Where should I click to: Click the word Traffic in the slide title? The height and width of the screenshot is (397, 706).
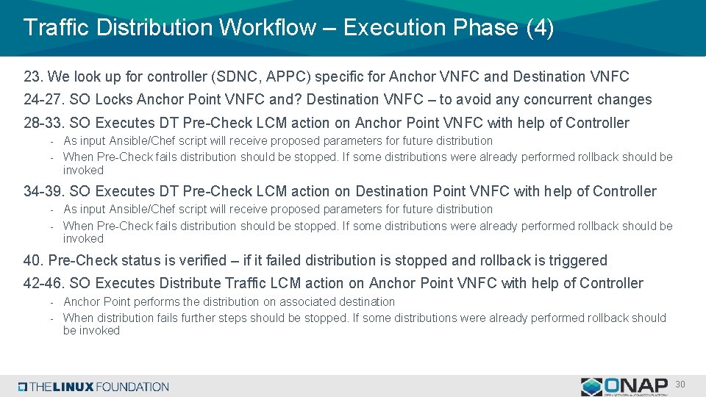(57, 28)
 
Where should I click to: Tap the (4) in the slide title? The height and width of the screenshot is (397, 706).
(541, 28)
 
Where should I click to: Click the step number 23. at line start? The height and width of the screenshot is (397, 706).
(34, 76)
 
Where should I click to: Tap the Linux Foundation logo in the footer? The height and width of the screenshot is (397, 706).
(93, 387)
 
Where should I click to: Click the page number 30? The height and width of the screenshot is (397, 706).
(680, 385)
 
